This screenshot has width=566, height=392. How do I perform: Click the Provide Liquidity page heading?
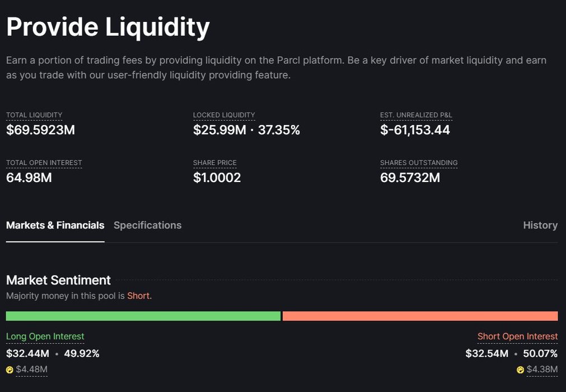click(108, 27)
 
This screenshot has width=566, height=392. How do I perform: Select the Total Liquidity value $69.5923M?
click(40, 130)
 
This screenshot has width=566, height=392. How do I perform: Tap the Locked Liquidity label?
click(224, 115)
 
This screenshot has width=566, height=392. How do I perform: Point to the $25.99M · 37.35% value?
click(246, 130)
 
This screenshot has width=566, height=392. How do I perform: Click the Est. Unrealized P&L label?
click(416, 115)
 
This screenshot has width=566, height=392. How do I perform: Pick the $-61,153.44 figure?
click(415, 130)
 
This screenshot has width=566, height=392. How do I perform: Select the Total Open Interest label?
click(44, 162)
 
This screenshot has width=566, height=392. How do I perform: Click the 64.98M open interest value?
click(29, 178)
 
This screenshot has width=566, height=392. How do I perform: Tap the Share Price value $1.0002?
click(217, 178)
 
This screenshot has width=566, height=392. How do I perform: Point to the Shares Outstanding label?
click(419, 162)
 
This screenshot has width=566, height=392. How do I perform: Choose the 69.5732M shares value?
click(410, 178)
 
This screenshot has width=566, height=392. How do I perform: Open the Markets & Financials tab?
click(55, 225)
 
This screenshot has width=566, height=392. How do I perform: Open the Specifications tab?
click(147, 225)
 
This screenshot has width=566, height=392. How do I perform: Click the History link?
click(540, 225)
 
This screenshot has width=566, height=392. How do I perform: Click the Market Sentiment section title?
click(58, 279)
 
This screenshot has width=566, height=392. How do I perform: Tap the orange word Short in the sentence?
click(139, 295)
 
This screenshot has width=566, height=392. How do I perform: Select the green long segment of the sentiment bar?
click(143, 316)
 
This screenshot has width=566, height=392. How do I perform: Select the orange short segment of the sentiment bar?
click(420, 316)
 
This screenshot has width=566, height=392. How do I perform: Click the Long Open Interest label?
click(45, 336)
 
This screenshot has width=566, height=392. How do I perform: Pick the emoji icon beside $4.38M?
click(520, 370)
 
